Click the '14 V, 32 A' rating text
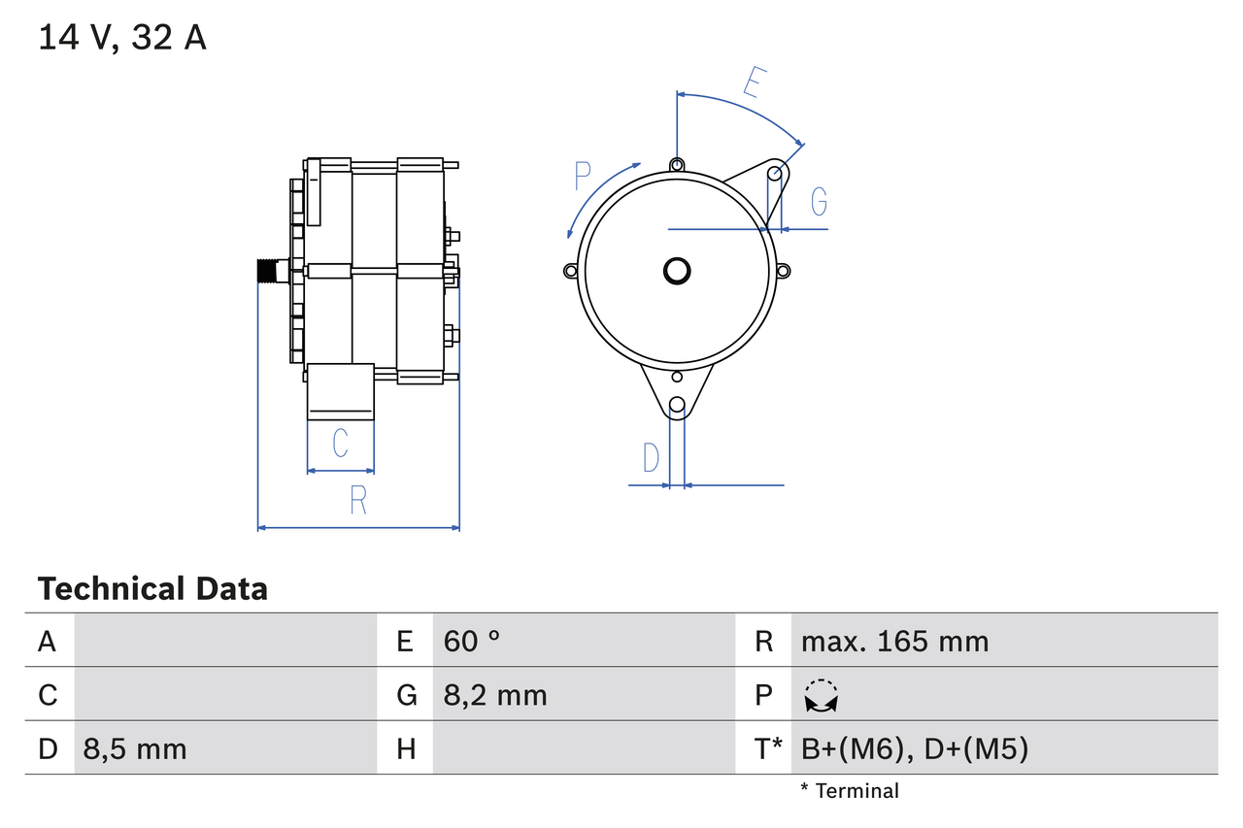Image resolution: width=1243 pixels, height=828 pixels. [122, 38]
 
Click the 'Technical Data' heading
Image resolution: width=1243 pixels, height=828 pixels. [152, 588]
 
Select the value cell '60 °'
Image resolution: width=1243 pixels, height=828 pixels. [472, 641]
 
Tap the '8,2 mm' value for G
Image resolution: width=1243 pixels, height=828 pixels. [495, 695]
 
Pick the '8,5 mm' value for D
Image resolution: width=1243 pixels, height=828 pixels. [135, 748]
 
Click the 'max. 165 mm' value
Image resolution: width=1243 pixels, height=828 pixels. [894, 641]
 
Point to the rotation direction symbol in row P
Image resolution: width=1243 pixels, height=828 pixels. [822, 696]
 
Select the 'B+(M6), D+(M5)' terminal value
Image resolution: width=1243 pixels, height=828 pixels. [914, 748]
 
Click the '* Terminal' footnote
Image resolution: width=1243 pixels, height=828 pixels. [850, 791]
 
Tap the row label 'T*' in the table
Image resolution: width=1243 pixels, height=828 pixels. [768, 748]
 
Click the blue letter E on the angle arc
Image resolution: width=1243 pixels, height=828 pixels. [753, 83]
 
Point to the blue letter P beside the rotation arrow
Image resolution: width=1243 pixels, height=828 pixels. [583, 177]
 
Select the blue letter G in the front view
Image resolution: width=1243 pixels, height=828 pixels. [819, 201]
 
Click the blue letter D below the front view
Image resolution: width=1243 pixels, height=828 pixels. [651, 456]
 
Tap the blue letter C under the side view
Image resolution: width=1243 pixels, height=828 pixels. [340, 443]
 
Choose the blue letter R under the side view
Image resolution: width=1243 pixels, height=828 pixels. [357, 500]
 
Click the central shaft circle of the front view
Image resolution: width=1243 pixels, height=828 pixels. [677, 270]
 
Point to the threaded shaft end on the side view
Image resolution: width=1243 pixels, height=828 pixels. [267, 270]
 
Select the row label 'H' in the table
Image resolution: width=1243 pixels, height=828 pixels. [405, 748]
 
